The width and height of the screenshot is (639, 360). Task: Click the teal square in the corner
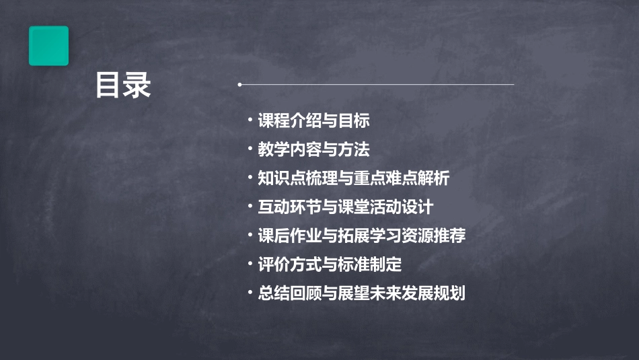48,46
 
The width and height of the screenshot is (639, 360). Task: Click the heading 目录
123,85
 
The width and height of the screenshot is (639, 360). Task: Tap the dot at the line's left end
239,85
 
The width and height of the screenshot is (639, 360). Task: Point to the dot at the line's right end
513,85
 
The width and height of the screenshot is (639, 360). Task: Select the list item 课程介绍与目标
313,121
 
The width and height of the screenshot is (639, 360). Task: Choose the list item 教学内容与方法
313,149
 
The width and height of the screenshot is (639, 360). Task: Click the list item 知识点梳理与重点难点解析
354,178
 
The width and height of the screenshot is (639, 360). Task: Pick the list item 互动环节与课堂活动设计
346,207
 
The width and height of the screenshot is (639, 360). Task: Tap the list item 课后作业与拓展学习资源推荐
362,236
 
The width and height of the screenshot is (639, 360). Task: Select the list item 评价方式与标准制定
330,264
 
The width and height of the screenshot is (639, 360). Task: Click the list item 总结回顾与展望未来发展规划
362,294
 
